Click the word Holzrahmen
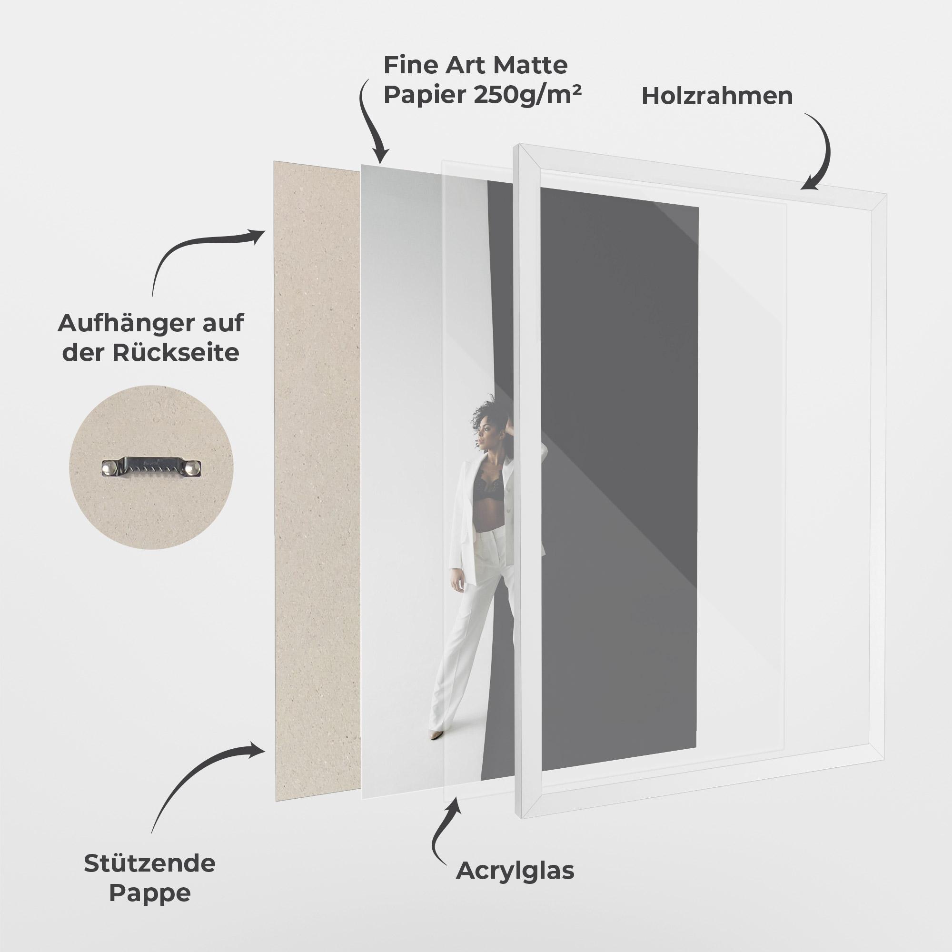pos(717,96)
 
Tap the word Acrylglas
pos(515,871)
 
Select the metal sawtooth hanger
pos(152,466)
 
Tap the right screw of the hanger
pos(196,466)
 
